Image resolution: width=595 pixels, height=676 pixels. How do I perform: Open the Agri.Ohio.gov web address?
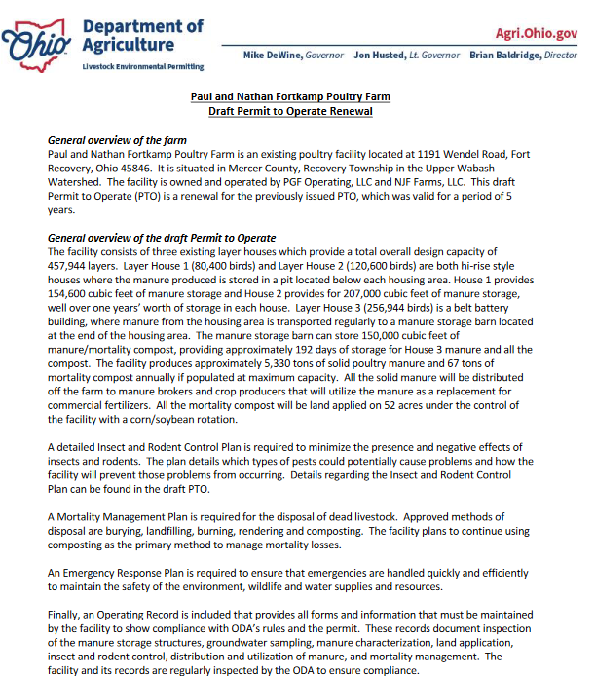[x=536, y=33]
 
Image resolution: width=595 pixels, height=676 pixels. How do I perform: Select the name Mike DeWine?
[x=273, y=56]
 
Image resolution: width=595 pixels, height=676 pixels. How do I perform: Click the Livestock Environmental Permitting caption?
[x=143, y=66]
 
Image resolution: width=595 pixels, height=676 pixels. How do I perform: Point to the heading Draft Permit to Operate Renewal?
[x=290, y=112]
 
